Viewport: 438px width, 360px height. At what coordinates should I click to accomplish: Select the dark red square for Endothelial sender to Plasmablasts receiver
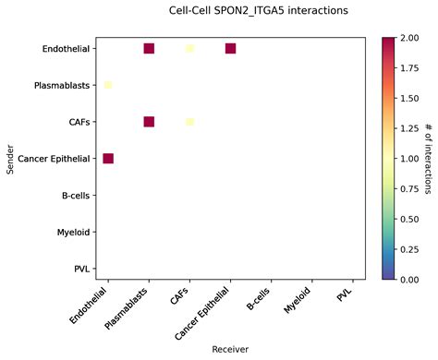click(x=149, y=48)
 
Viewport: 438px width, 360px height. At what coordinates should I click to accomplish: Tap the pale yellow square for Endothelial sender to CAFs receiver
click(x=189, y=48)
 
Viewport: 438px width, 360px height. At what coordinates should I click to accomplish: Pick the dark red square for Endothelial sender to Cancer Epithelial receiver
click(x=230, y=48)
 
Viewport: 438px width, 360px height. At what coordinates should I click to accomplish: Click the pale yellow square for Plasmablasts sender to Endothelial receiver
click(x=108, y=85)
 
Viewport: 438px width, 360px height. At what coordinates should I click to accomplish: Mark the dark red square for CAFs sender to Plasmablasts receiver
click(x=149, y=122)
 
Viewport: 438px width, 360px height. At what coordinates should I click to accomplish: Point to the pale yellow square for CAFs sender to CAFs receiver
click(x=189, y=122)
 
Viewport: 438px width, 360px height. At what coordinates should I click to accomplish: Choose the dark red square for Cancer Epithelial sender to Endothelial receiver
click(x=108, y=159)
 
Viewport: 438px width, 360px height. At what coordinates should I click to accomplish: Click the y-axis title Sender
click(x=10, y=158)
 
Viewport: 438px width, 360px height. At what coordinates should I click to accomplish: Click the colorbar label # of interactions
click(x=428, y=158)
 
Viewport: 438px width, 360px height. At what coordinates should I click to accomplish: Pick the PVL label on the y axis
click(x=79, y=269)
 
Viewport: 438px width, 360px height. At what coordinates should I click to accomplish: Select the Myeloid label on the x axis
click(x=298, y=303)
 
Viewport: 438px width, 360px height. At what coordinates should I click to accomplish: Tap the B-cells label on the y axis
click(x=73, y=196)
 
